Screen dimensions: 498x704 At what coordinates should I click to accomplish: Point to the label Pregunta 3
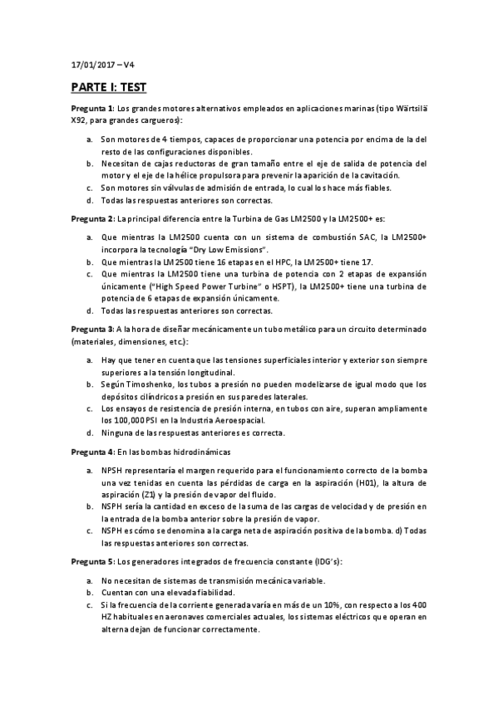[91, 329]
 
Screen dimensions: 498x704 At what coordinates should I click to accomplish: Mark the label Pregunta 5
[91, 561]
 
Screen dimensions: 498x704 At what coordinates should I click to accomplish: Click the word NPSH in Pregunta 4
[111, 471]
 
